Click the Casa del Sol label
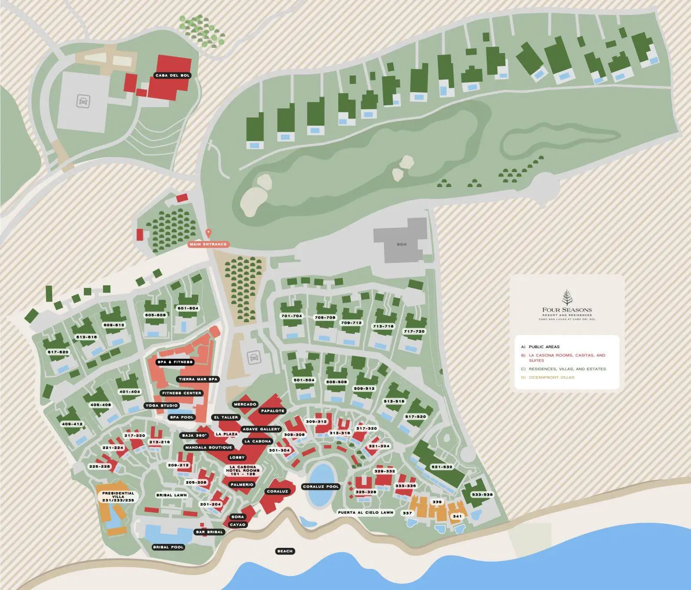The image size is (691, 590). point(172,76)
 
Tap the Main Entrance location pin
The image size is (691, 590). point(208,233)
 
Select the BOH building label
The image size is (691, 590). point(401,245)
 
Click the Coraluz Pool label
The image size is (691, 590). point(321,486)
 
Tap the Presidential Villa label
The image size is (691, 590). point(118,496)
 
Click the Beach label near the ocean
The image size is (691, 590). point(285,551)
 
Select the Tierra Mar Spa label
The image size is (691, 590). point(198,379)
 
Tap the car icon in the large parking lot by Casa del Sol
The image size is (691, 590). point(82,102)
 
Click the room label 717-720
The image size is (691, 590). point(414,331)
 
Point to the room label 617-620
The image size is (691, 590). point(58,352)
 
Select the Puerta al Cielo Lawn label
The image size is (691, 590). point(365,512)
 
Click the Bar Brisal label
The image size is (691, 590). point(209,532)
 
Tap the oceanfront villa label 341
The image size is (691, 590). point(457,516)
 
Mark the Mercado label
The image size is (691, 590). point(245,404)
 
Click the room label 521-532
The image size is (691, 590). point(441,467)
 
